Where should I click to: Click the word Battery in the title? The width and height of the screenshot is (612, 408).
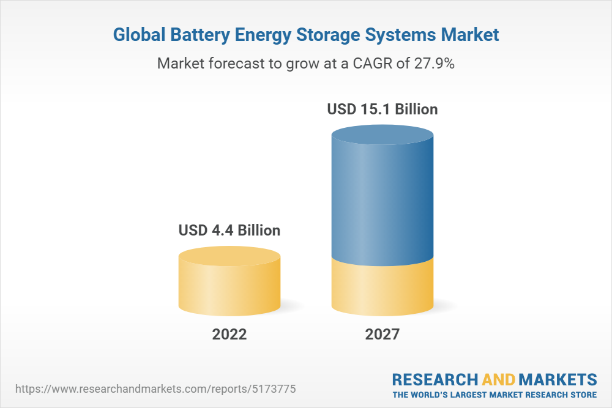coord(197,35)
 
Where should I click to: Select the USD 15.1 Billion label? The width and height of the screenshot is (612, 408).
coord(382,109)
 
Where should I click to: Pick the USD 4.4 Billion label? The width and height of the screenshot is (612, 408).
coord(229,231)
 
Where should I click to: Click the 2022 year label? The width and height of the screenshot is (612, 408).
coord(229,335)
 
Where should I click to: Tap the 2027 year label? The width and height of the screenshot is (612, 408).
coord(382,335)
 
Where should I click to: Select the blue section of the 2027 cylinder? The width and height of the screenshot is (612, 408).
coord(382,202)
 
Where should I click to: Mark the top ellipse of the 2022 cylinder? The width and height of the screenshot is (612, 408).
coord(229,256)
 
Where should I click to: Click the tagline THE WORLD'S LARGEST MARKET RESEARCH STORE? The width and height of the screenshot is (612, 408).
coord(494,394)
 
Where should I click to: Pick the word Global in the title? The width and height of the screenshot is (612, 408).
coord(139,35)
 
